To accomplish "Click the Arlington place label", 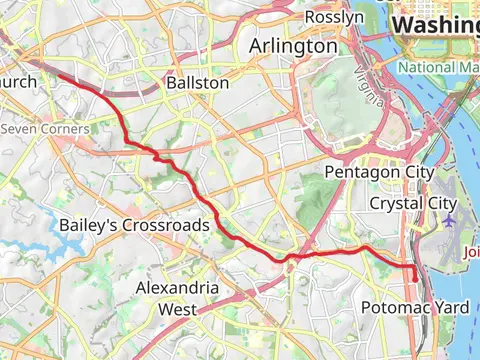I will pos(293,46).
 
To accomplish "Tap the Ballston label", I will pos(199,82).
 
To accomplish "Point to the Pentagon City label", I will pos(379,173).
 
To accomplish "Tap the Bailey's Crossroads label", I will pos(134,225).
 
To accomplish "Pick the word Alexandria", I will pos(177,288).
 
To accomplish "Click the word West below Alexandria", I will pos(177,309).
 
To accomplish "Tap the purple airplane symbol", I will pos(449,219).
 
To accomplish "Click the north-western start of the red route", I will pos(57,73).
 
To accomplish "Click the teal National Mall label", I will pos(438,67).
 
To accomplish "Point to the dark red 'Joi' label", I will pos(471,252).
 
